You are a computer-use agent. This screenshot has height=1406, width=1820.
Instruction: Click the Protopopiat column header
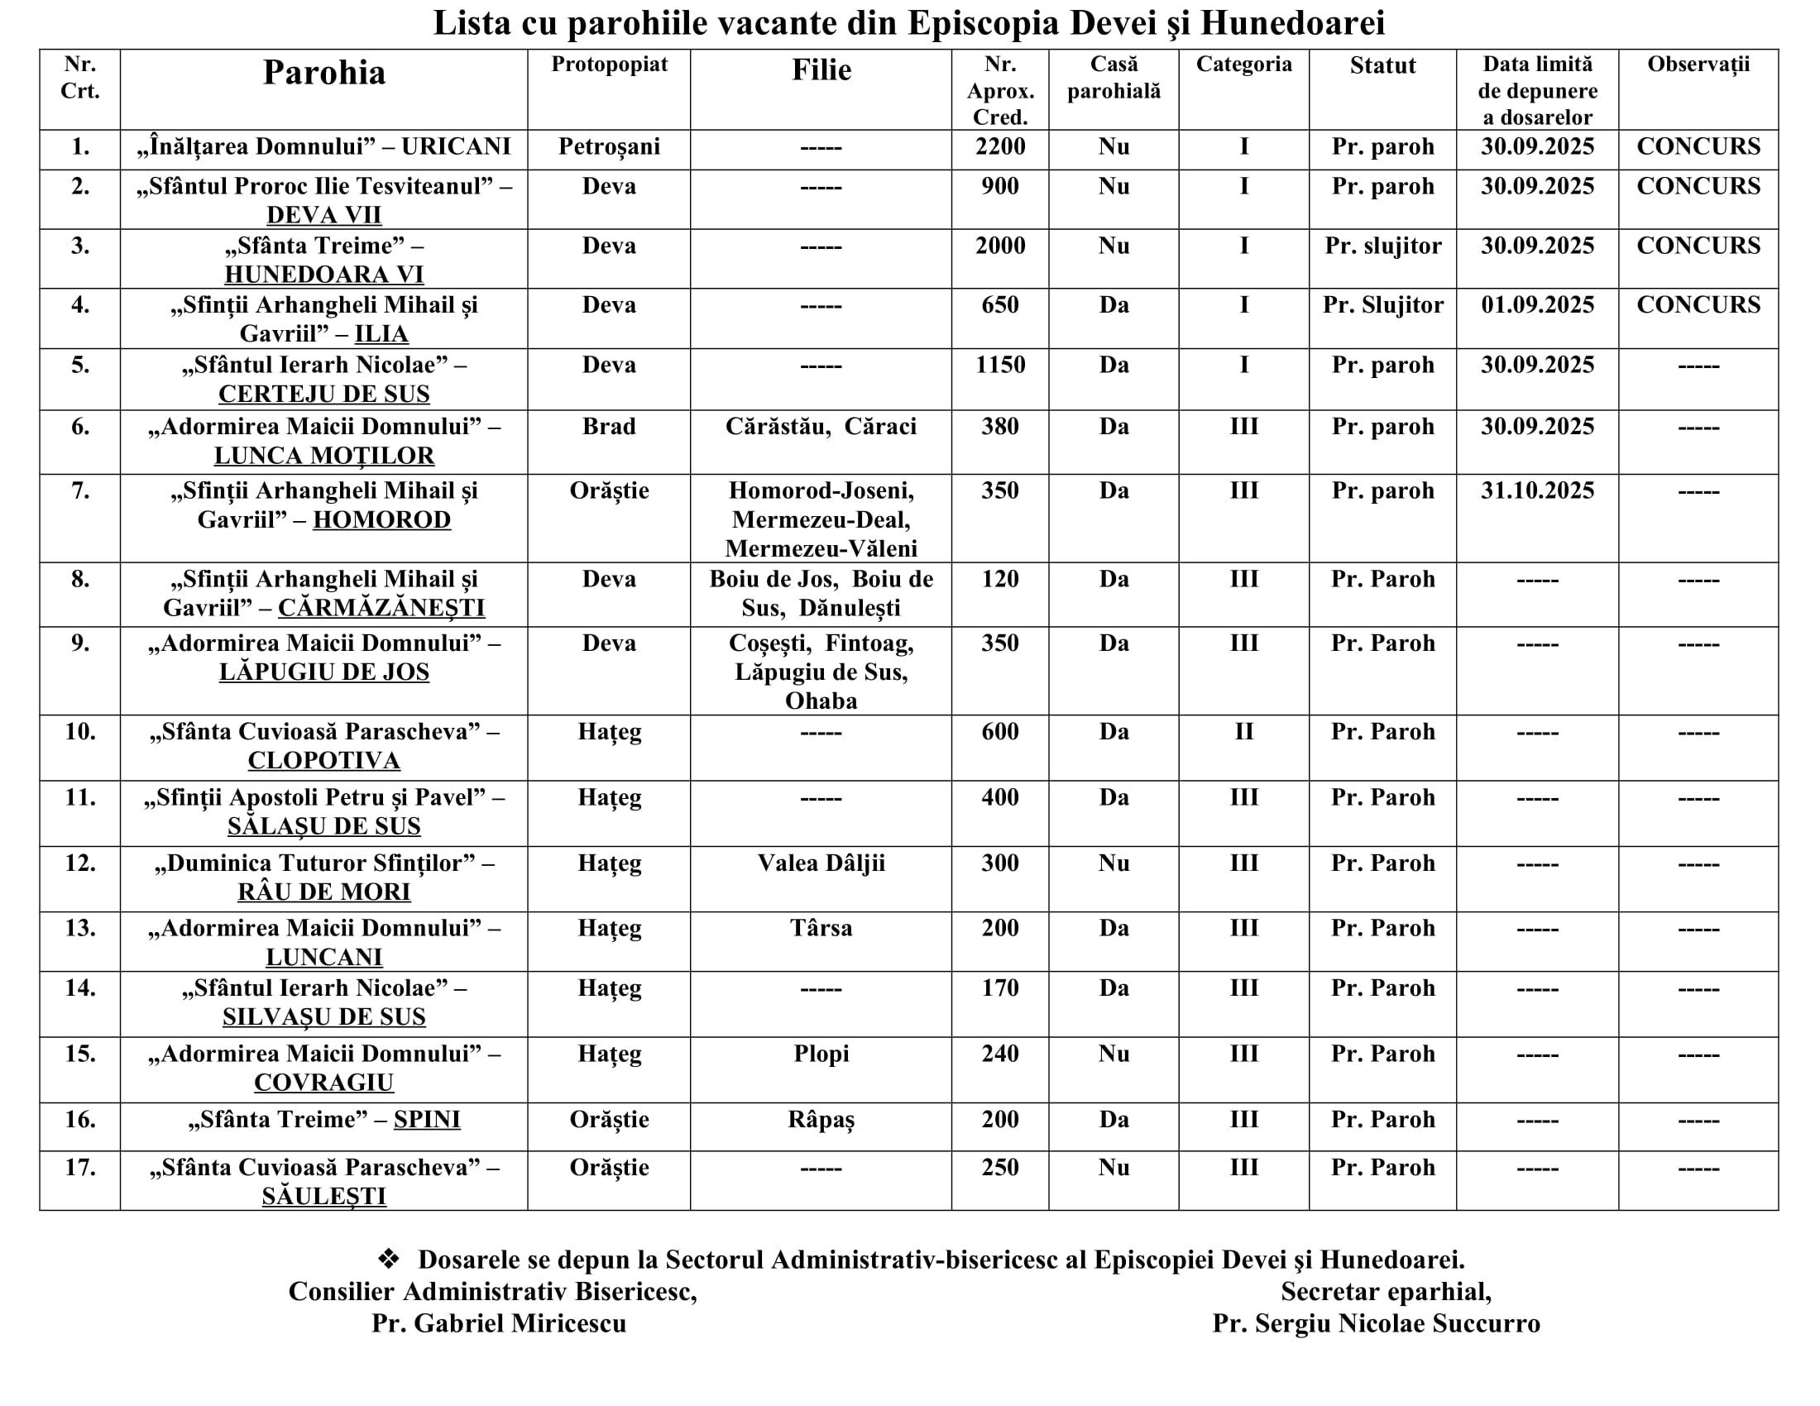609,65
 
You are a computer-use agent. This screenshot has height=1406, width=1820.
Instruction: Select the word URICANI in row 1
456,146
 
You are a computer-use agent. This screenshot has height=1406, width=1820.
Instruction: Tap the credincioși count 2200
1000,146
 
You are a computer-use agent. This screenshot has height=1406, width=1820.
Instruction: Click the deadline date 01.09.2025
1537,305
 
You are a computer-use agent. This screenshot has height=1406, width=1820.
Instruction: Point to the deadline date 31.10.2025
1537,490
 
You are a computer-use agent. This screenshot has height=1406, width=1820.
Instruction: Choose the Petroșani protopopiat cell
609,146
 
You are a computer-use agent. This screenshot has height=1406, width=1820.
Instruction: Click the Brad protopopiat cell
609,427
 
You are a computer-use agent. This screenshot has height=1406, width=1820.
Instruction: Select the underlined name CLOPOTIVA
324,760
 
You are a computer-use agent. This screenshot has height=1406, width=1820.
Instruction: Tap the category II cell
1243,732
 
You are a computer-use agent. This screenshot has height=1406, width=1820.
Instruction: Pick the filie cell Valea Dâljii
821,863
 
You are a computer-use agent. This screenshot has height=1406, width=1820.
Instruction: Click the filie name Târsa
821,928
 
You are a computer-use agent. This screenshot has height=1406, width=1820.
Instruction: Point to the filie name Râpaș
821,1120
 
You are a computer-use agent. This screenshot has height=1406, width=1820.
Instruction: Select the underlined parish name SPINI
427,1120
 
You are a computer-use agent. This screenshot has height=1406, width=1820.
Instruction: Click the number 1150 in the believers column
1000,365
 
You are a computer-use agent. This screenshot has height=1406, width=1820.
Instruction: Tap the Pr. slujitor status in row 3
1382,246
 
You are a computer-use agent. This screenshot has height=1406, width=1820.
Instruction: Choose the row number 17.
80,1168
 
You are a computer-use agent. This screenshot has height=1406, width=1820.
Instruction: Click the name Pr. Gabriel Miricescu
498,1323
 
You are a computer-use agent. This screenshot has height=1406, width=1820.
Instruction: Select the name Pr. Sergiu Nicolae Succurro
1376,1323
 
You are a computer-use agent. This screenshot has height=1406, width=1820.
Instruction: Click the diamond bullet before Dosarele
388,1259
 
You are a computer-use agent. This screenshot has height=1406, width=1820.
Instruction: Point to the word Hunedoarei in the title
1292,23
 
